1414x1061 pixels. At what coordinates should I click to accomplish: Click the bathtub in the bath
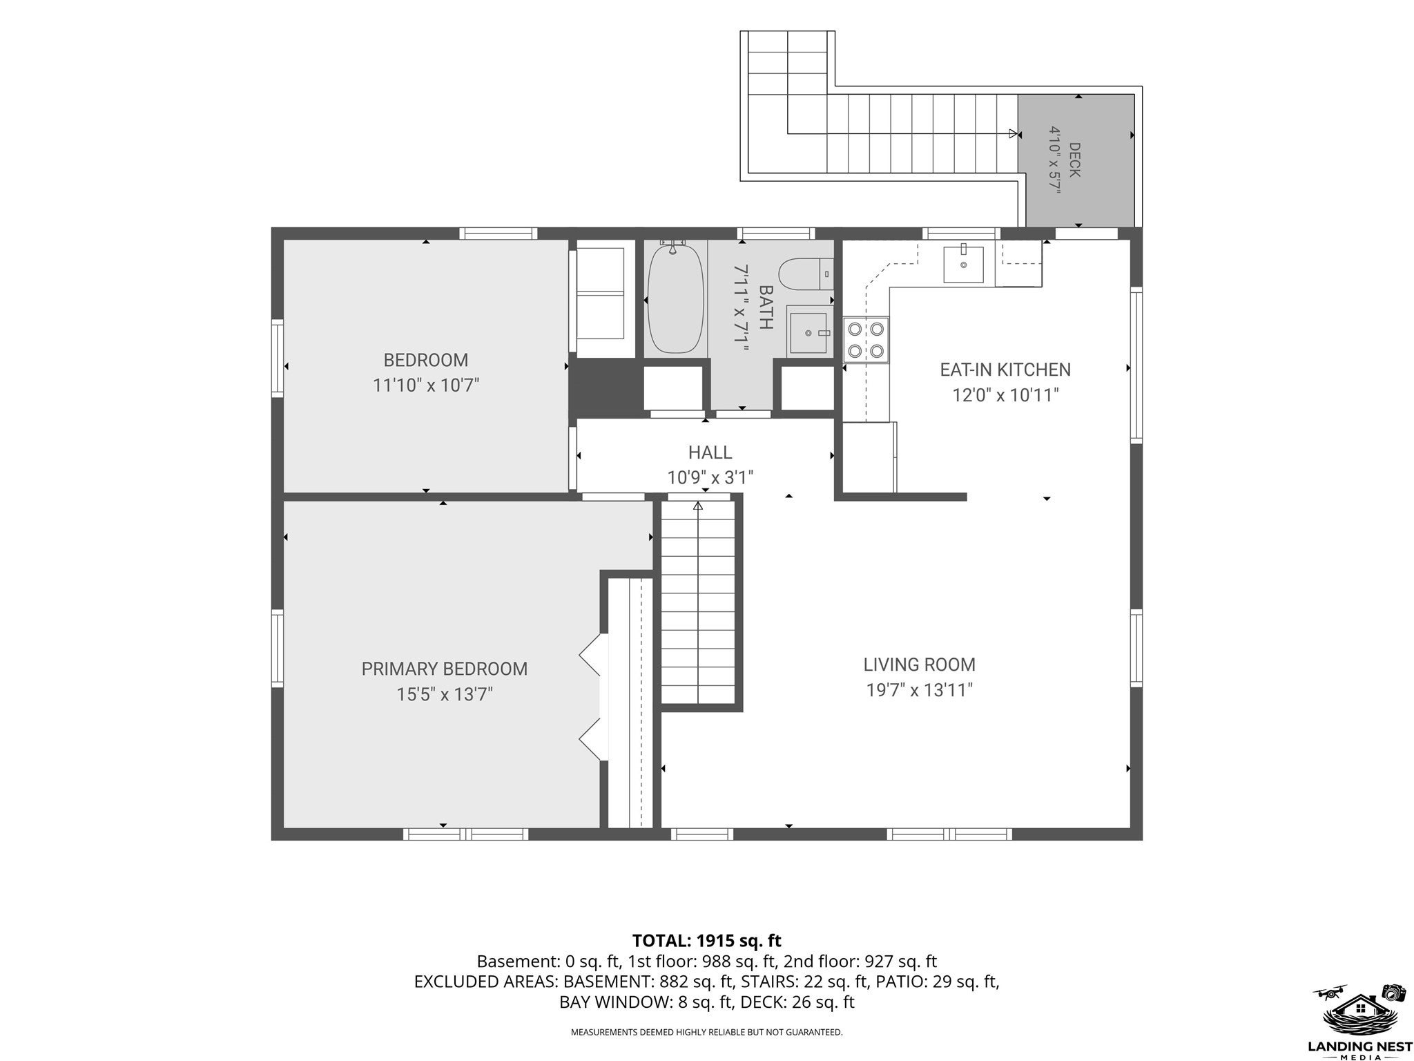675,298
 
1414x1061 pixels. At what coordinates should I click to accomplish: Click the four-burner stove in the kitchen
866,340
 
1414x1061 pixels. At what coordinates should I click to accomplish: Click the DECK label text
1075,160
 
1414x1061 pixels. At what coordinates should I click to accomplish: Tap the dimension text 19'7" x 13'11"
920,690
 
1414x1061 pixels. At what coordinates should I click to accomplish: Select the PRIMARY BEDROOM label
445,669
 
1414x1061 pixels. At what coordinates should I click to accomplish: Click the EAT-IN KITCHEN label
1005,370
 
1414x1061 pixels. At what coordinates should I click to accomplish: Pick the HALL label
710,452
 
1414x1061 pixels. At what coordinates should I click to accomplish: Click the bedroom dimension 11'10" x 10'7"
426,385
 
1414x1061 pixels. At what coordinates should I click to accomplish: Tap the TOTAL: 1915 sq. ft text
707,940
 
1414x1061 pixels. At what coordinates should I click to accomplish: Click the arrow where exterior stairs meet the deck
1014,133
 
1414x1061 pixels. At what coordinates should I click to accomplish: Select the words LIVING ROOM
920,665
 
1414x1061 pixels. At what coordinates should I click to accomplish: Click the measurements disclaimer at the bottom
706,1033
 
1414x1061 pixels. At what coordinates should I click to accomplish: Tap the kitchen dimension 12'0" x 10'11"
1005,395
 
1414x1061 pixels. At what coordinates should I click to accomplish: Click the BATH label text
765,307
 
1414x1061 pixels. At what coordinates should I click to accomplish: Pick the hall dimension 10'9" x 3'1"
710,477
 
